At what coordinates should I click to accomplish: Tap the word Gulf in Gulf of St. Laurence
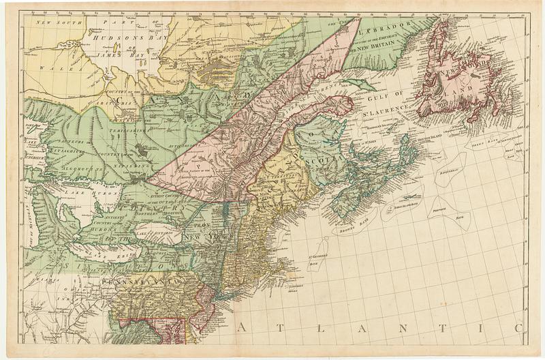[x=388, y=92]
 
